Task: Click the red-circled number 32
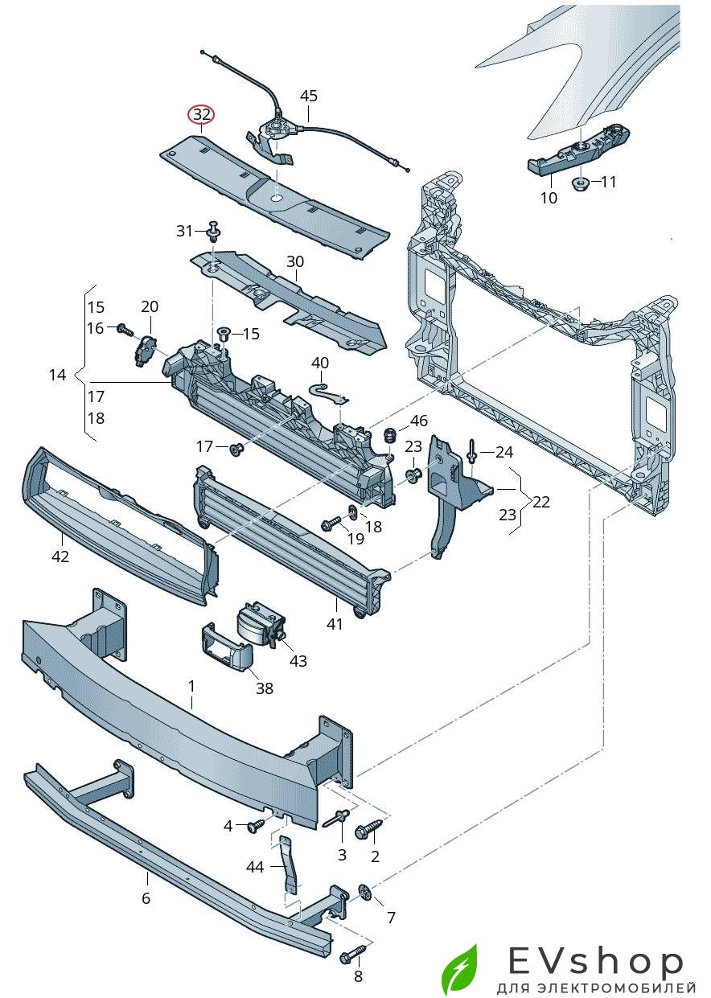[201, 115]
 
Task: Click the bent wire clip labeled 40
[329, 392]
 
